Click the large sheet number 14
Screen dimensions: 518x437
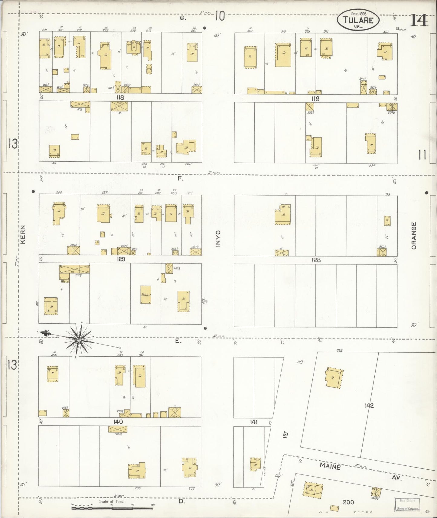click(x=419, y=20)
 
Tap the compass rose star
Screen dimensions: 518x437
click(x=79, y=340)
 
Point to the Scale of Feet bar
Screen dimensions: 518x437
click(x=113, y=508)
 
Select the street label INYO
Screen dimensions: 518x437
click(x=218, y=239)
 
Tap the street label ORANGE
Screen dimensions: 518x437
click(x=414, y=236)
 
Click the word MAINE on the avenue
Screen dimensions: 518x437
click(x=330, y=467)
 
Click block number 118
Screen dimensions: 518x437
click(x=120, y=98)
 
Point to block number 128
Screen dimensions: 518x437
click(x=316, y=260)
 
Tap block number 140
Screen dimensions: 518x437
click(x=118, y=422)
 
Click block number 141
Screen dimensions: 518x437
click(x=253, y=422)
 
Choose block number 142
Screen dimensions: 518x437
click(x=369, y=406)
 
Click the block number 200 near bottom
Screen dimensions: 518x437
click(x=348, y=502)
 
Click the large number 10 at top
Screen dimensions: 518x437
click(x=220, y=16)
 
